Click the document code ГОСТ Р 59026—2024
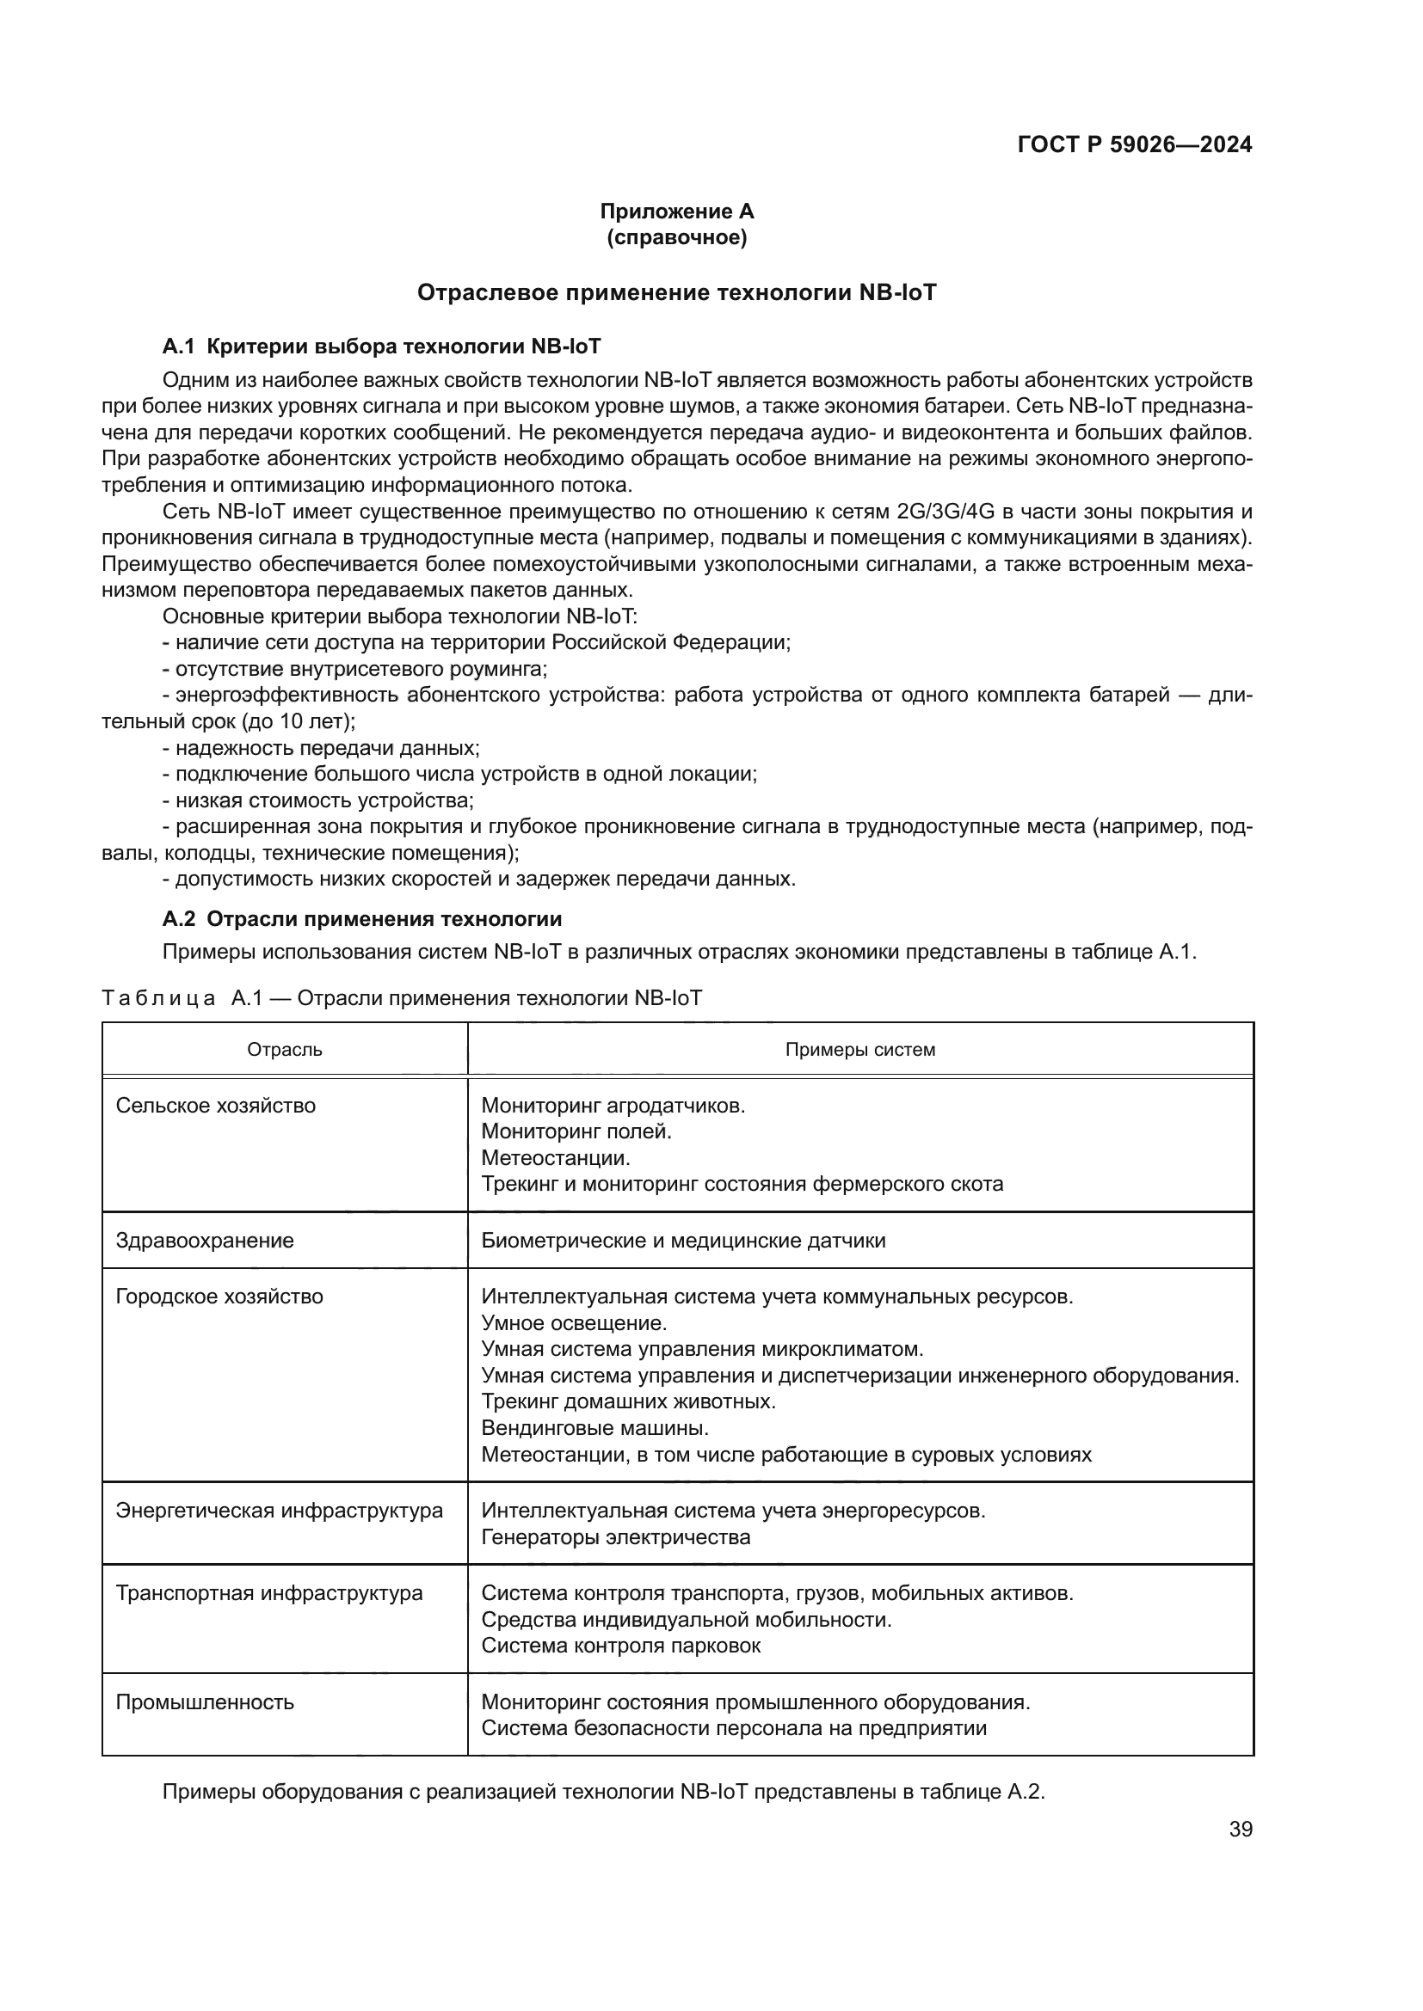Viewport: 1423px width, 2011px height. point(1135,144)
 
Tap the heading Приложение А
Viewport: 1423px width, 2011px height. point(676,212)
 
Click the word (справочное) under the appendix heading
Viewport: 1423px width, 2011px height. point(676,237)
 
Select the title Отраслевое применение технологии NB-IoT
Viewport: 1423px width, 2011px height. point(676,292)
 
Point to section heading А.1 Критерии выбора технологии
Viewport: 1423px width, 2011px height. point(381,346)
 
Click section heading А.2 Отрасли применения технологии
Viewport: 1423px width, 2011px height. point(362,919)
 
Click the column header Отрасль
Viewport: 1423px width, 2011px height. point(285,1049)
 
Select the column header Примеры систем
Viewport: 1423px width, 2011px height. point(859,1049)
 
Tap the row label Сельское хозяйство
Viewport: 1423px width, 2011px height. point(216,1106)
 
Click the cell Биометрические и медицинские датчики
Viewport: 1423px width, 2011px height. point(683,1241)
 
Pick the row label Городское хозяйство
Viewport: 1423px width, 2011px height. point(219,1297)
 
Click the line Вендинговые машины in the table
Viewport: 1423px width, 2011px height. point(595,1428)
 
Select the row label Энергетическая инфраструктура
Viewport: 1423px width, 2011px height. point(280,1510)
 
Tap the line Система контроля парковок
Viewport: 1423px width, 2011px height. point(620,1645)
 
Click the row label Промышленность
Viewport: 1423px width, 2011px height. point(205,1701)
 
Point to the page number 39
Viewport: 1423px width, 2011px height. point(1241,1829)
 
